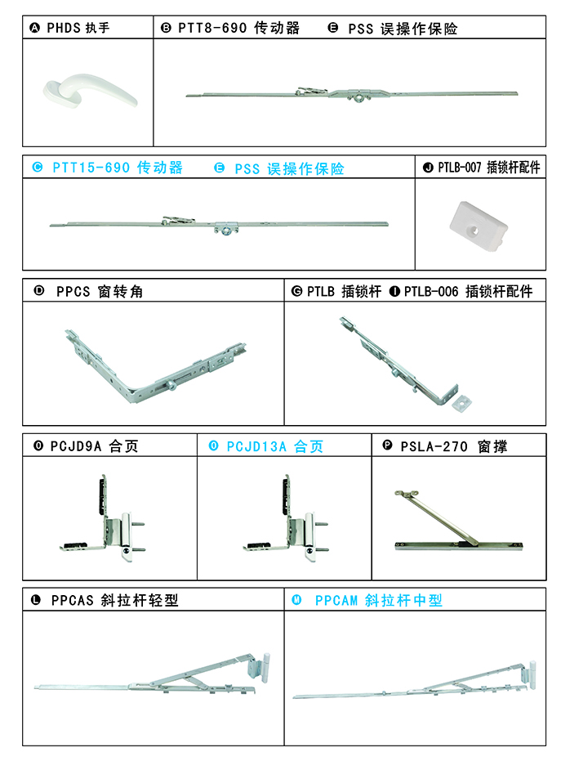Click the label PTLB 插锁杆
pyautogui.click(x=344, y=291)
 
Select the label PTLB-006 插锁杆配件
pyautogui.click(x=468, y=291)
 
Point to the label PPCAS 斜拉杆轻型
pyautogui.click(x=114, y=600)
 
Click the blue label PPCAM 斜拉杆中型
pyautogui.click(x=378, y=600)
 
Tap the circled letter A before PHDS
pyautogui.click(x=34, y=28)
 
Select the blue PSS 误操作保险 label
pyautogui.click(x=289, y=168)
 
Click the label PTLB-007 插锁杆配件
pyautogui.click(x=488, y=168)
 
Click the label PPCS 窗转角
pyautogui.click(x=100, y=291)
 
